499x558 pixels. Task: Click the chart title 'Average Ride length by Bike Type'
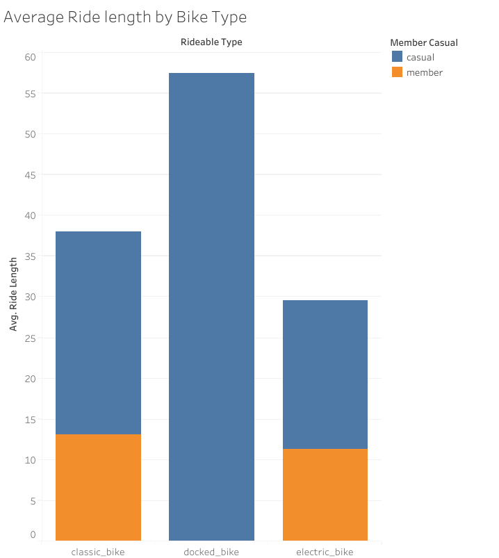(x=125, y=17)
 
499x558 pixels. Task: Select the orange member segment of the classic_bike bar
(x=98, y=487)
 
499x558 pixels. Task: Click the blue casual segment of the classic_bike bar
(x=98, y=333)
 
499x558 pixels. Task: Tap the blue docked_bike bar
(x=211, y=306)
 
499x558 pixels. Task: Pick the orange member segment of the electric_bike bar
(x=325, y=494)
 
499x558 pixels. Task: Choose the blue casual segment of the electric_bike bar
(x=325, y=375)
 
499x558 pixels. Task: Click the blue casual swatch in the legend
(x=397, y=57)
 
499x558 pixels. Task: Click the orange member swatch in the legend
(x=397, y=72)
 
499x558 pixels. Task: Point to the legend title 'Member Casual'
(x=424, y=42)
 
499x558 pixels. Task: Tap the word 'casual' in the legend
(x=420, y=57)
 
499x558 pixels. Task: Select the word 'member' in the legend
(x=424, y=72)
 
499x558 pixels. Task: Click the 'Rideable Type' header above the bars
(x=211, y=42)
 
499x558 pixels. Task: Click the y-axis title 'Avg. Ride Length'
(x=13, y=292)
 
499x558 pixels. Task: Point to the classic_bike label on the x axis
(x=98, y=552)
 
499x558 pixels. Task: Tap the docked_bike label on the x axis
(x=211, y=552)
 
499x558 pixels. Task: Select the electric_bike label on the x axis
(x=325, y=552)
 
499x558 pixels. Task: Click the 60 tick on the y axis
(x=30, y=57)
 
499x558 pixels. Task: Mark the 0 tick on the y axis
(x=33, y=534)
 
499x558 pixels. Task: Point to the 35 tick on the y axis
(x=30, y=256)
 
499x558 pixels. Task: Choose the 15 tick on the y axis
(x=30, y=419)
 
